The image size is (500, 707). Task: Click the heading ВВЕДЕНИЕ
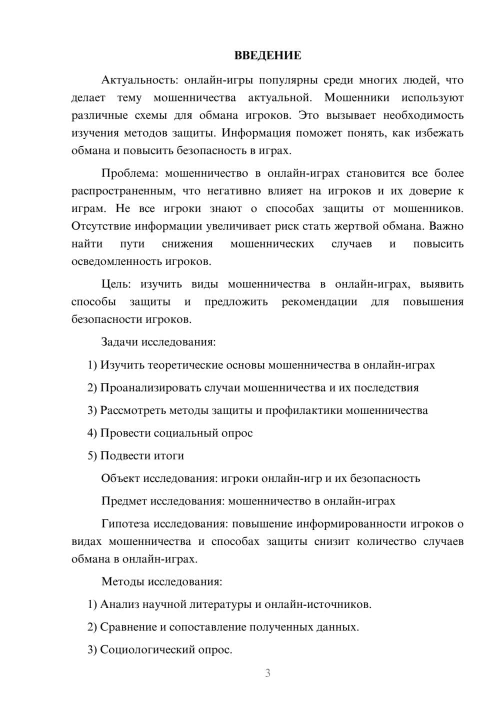267,55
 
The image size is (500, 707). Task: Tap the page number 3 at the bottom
267,673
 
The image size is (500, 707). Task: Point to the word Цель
116,284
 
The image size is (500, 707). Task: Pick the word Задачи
120,342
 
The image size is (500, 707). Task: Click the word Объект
120,478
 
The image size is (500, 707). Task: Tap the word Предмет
124,501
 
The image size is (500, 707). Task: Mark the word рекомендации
319,301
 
